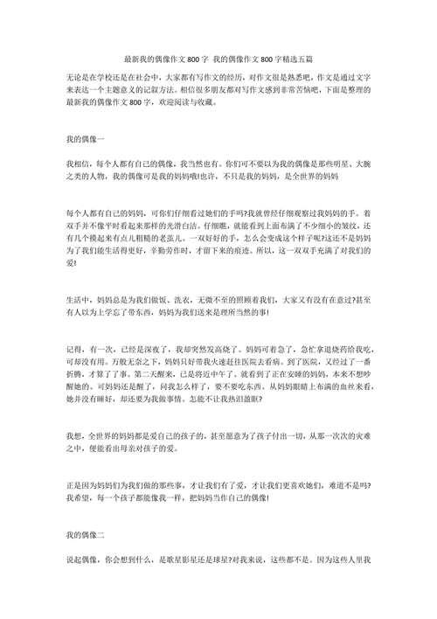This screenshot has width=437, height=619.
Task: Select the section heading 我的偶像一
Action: click(85, 140)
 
